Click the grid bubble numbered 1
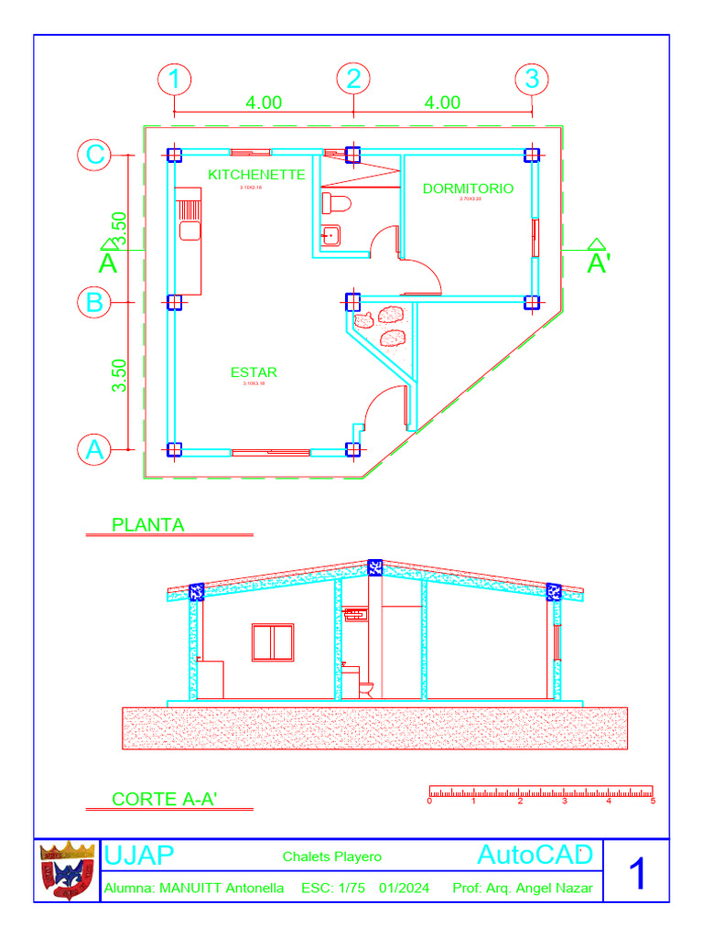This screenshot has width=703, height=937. click(x=174, y=80)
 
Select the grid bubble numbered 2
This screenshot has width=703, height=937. click(x=353, y=80)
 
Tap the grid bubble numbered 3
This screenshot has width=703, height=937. click(x=532, y=80)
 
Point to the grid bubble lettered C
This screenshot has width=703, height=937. click(x=94, y=156)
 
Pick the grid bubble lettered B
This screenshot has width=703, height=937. click(x=94, y=301)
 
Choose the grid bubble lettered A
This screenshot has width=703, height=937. click(x=94, y=449)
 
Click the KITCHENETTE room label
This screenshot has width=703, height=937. click(x=256, y=174)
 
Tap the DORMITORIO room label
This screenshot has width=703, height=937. click(x=468, y=188)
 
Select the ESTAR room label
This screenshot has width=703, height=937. click(x=254, y=372)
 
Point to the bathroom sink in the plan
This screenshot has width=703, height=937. click(x=330, y=235)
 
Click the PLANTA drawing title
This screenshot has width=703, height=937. click(x=147, y=525)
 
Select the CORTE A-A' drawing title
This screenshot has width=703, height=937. click(x=165, y=799)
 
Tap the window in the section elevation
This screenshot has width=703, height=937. click(x=272, y=641)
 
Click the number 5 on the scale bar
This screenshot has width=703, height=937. click(x=653, y=802)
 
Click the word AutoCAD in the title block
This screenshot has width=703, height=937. click(x=535, y=856)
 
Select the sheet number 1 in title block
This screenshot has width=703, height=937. click(x=637, y=874)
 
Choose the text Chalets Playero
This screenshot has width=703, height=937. click(x=332, y=857)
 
